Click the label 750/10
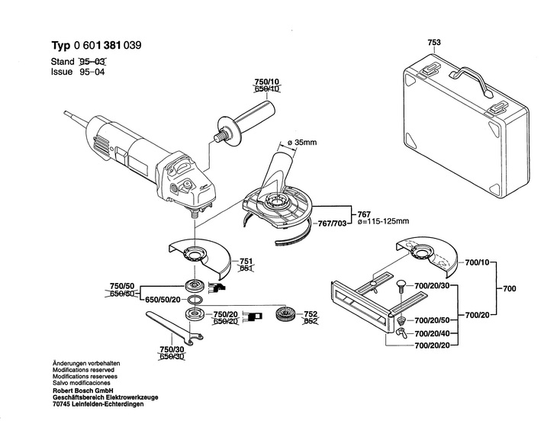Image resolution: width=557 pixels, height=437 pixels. (x=266, y=82)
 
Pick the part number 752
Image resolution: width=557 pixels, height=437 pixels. (x=311, y=313)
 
